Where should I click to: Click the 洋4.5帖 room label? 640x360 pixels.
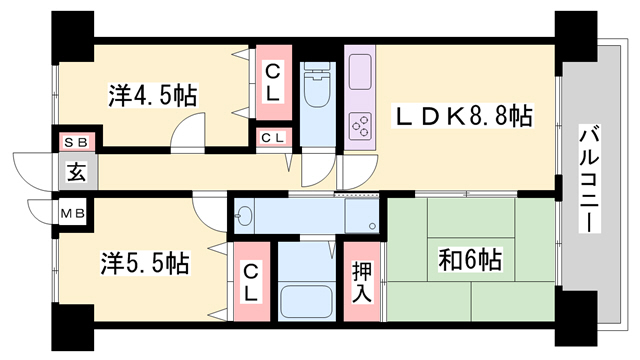(x=153, y=96)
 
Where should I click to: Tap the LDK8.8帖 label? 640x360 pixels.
(x=462, y=116)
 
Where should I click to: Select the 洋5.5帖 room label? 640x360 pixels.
(x=145, y=263)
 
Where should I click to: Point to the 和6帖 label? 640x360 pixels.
(x=470, y=259)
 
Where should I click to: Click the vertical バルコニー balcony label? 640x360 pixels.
(x=589, y=180)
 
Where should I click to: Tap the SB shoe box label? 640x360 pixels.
(x=77, y=142)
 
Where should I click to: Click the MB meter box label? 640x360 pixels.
(x=73, y=213)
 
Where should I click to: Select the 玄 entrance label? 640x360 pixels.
(x=77, y=172)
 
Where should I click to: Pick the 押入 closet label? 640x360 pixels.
(x=362, y=282)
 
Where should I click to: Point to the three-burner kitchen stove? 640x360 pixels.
(x=360, y=125)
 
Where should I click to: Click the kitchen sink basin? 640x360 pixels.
(x=360, y=72)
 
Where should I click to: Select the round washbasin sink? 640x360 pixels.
(x=244, y=216)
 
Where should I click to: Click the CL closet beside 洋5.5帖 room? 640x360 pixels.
(x=252, y=282)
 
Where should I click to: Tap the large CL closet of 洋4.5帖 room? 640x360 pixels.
(x=273, y=83)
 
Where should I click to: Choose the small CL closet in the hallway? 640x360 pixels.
(x=273, y=138)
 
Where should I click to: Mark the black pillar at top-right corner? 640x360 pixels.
(x=576, y=37)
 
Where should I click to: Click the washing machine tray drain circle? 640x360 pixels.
(x=372, y=226)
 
